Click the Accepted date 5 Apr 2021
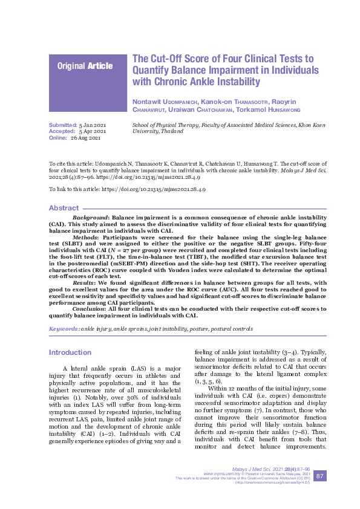click(93, 131)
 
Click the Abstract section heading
click(64, 208)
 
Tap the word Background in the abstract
click(91, 216)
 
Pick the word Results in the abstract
click(83, 282)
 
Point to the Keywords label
click(64, 329)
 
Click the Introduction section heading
click(70, 352)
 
